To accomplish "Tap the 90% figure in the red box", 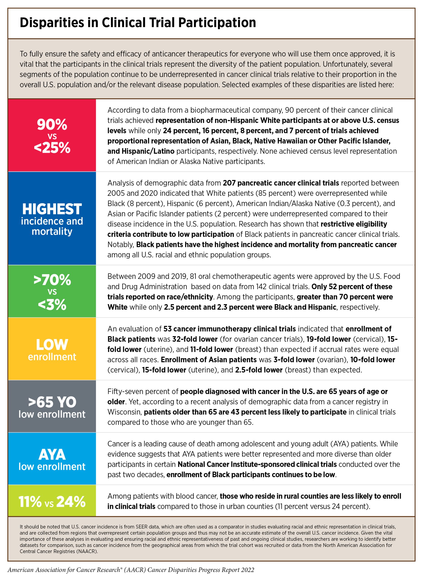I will (52, 125).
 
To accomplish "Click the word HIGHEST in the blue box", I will (52, 209).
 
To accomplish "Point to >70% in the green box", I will (52, 280).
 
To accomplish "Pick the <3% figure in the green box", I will (52, 305).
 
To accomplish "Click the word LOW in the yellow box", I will (52, 345).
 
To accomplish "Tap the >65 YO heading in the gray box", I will (52, 402).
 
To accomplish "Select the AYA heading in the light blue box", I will (52, 455).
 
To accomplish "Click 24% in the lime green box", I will (71, 502).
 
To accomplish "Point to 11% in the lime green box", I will (30, 502).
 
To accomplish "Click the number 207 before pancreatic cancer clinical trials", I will (229, 183).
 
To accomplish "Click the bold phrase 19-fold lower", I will (328, 339).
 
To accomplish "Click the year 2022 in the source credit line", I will (247, 570).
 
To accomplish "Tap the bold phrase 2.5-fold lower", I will (259, 370).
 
